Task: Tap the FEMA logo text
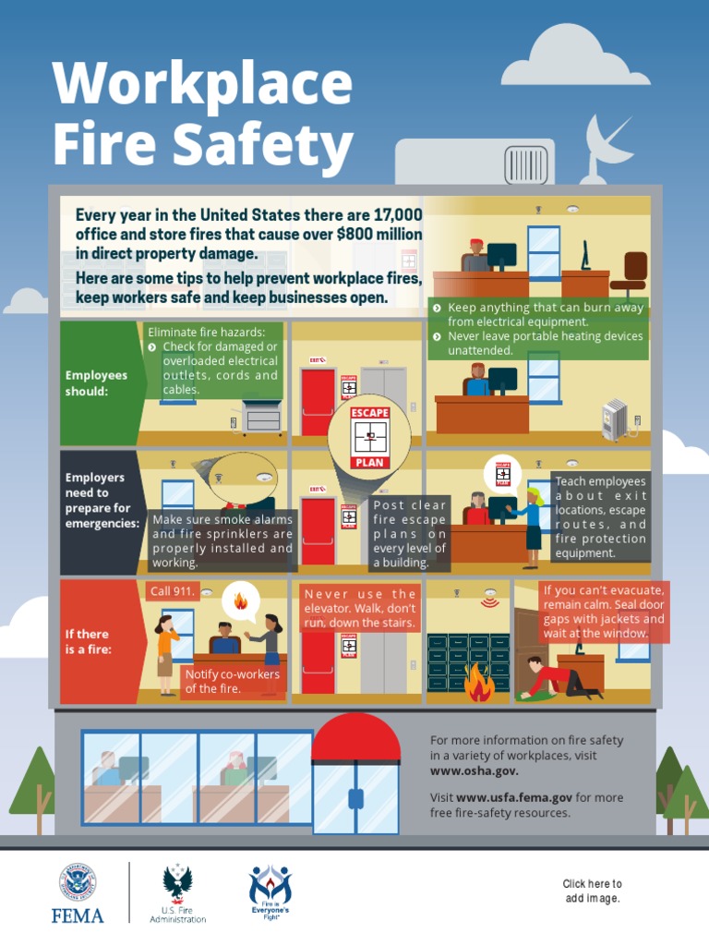pyautogui.click(x=78, y=916)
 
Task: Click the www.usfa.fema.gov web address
pyautogui.click(x=514, y=797)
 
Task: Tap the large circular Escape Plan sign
pyautogui.click(x=369, y=434)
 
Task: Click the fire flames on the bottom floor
pyautogui.click(x=479, y=684)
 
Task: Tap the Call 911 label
pyautogui.click(x=172, y=590)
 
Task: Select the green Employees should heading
pyautogui.click(x=97, y=382)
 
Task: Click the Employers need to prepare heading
pyautogui.click(x=102, y=501)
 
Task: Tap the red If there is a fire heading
pyautogui.click(x=88, y=641)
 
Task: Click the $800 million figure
pyautogui.click(x=380, y=235)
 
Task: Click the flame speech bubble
pyautogui.click(x=241, y=601)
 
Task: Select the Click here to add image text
pyautogui.click(x=592, y=891)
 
